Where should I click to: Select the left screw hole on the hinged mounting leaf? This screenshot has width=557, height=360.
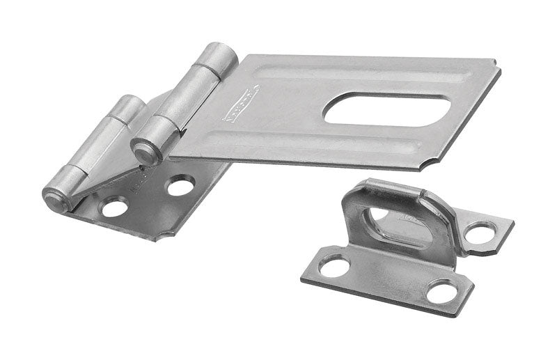coord(114,207)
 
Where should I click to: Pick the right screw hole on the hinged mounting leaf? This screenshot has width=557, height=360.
coord(180,187)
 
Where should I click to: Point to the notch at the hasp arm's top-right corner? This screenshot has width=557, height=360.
coord(495,66)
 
